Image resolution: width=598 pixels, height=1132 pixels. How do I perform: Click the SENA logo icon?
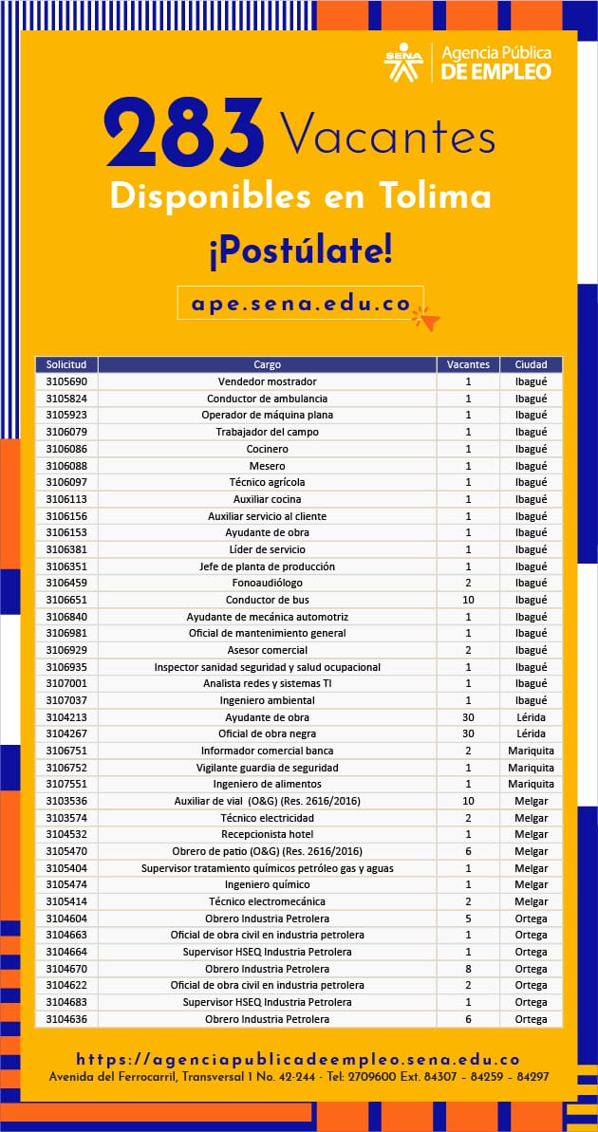403,63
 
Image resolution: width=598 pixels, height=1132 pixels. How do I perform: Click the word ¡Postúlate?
299,252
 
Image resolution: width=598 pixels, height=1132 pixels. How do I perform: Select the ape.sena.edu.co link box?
300,304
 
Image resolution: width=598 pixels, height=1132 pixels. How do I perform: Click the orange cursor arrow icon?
427,320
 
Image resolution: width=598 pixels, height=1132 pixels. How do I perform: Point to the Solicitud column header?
66,364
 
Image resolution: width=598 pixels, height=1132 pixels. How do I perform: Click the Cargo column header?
267,364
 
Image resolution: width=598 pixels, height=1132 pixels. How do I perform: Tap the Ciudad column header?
531,364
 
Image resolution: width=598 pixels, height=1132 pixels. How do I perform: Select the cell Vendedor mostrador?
267,381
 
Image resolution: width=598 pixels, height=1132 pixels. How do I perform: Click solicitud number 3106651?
66,600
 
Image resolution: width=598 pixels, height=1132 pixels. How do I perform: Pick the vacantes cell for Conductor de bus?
468,600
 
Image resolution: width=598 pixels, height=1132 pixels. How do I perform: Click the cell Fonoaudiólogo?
267,583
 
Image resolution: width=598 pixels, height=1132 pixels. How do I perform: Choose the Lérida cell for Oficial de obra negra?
531,733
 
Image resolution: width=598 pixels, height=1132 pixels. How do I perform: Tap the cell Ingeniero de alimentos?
267,784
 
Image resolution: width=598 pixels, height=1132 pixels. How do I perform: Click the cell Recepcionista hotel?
267,834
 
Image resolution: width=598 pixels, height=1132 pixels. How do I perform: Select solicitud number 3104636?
66,1019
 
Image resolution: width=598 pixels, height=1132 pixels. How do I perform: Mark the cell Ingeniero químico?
267,884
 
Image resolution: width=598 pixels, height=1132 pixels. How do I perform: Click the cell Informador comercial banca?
267,751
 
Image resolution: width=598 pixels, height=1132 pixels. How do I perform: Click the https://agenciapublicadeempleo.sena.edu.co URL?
298,1059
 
